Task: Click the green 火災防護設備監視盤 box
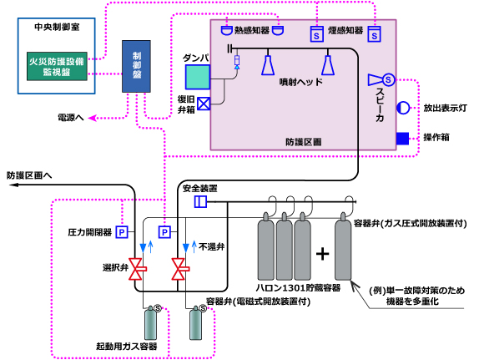click(x=57, y=67)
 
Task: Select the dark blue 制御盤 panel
click(x=136, y=66)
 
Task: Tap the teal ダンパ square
click(x=198, y=77)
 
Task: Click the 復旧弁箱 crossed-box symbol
click(x=204, y=104)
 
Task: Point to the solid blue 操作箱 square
click(x=402, y=139)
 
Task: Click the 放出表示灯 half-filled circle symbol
click(x=403, y=108)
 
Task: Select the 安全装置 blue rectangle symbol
click(x=200, y=202)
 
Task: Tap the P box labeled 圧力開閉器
click(x=122, y=231)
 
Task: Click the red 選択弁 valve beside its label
click(x=137, y=269)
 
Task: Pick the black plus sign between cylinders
click(x=323, y=254)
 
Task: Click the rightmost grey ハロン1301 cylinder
click(x=343, y=246)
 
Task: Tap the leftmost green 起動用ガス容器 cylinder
click(x=150, y=322)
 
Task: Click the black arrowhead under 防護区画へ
click(x=13, y=185)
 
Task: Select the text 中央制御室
click(x=57, y=27)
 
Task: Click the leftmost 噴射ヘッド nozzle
click(x=268, y=65)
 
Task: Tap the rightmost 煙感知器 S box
click(x=375, y=34)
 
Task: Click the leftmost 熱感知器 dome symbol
click(x=227, y=31)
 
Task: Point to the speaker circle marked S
click(x=388, y=79)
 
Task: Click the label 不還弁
click(x=211, y=247)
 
